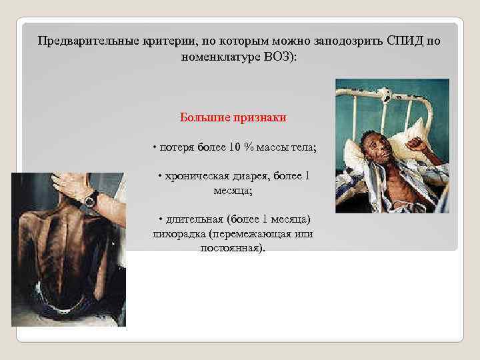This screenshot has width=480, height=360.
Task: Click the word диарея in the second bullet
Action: [x=263, y=176]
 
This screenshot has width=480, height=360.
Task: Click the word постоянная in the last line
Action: [x=231, y=248]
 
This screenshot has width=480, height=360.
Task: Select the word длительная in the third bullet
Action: [x=193, y=219]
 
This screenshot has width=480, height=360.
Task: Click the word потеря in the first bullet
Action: [x=175, y=147]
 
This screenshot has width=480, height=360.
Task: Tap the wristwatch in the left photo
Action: [x=91, y=198]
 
